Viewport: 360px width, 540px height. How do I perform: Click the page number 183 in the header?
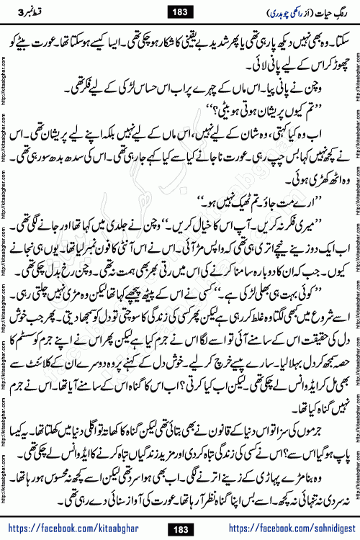coord(179,11)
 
